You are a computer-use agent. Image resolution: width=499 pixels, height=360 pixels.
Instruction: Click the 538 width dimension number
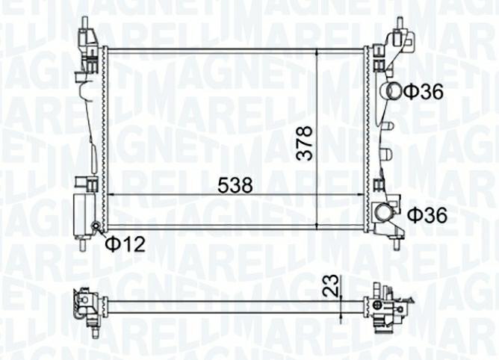click(235, 185)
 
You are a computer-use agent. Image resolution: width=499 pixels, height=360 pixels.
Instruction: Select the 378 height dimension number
click(303, 143)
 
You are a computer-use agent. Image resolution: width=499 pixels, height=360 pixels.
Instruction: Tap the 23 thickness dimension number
click(331, 285)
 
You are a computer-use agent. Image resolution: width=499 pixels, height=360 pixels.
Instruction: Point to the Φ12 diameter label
click(125, 243)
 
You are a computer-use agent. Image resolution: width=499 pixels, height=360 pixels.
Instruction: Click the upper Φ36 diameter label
click(424, 92)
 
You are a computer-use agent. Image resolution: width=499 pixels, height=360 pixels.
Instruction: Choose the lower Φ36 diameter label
click(427, 215)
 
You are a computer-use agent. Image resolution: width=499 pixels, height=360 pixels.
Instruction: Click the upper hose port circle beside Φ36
click(394, 91)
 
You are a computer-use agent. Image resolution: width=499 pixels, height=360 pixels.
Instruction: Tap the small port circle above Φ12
click(96, 226)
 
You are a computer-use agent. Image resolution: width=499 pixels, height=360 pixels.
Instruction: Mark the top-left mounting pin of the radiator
click(84, 23)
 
